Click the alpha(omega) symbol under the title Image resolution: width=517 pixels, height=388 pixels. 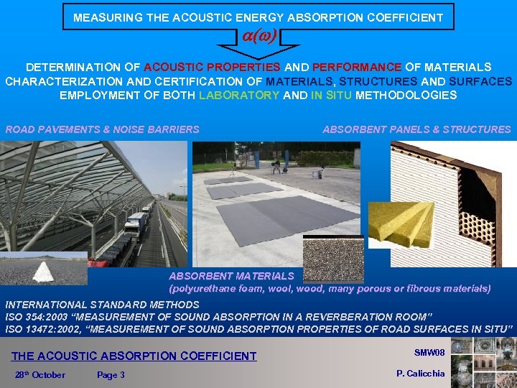(258, 36)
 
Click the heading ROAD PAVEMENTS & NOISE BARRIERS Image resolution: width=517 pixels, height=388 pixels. (103, 130)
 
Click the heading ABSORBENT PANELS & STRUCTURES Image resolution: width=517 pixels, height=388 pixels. (416, 130)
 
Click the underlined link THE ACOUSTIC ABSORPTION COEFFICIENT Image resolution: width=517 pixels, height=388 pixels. (134, 356)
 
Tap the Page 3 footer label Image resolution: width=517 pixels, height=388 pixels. (111, 375)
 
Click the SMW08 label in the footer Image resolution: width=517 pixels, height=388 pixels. (430, 352)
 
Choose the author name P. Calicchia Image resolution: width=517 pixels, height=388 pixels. (421, 373)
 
